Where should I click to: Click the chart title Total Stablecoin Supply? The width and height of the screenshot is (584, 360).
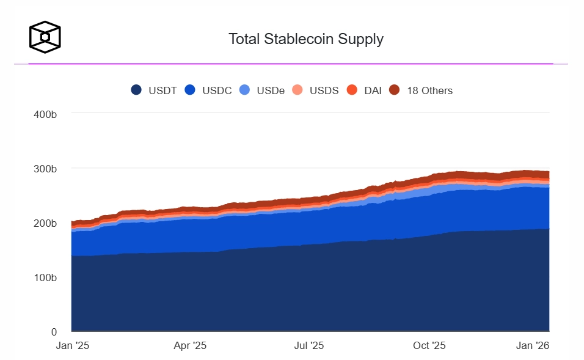point(305,39)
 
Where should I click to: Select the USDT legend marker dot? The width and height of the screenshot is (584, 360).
point(137,90)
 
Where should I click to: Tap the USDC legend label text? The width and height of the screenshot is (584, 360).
point(217,90)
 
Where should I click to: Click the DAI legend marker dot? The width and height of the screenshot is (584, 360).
point(352,90)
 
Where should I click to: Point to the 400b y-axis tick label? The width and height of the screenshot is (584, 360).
point(46,114)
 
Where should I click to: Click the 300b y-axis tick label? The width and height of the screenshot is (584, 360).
point(46,169)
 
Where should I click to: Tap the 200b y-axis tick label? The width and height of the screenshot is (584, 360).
point(46,223)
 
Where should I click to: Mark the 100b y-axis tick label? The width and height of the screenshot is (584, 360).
point(46,277)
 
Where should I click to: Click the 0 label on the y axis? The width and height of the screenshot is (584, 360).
point(54,332)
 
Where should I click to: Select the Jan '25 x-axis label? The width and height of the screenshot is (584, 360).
point(73,346)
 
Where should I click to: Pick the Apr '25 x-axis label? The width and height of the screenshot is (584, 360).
point(191,346)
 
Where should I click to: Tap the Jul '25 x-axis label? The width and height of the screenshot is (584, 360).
point(309,346)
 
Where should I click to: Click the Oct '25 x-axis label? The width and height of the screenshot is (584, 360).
point(429,346)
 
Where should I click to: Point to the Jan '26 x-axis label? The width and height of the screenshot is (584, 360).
point(533,346)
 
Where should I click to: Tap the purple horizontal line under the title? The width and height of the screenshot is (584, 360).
point(291,64)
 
